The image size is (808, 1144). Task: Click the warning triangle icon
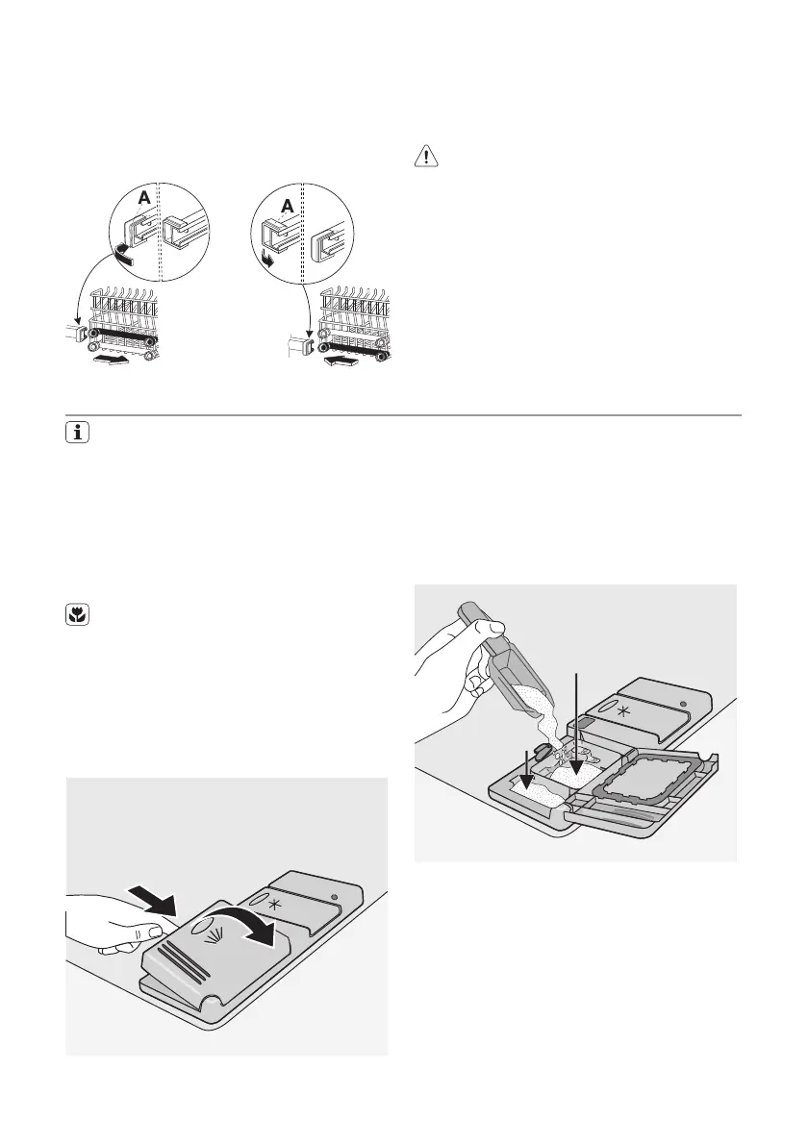tap(424, 156)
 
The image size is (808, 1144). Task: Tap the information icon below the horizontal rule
tap(76, 435)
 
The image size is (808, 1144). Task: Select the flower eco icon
tap(76, 619)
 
